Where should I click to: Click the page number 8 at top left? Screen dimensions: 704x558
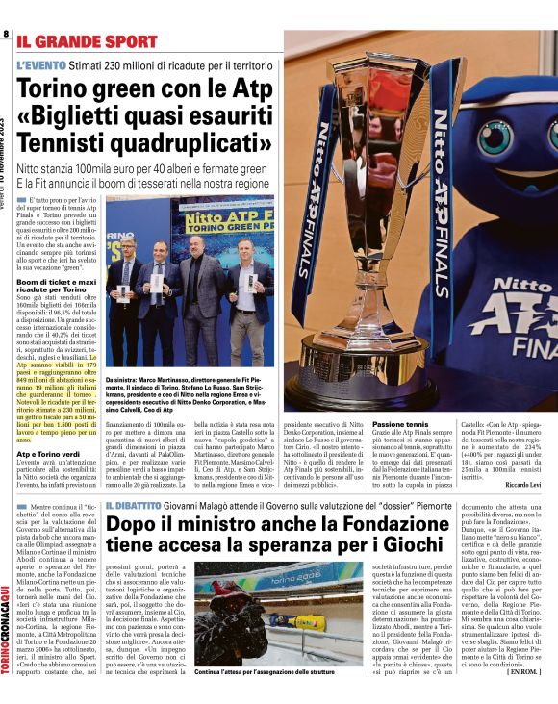[x=7, y=35]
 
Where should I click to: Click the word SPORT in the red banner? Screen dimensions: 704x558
[x=125, y=41]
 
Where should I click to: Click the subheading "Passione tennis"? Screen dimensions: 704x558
[x=400, y=423]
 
